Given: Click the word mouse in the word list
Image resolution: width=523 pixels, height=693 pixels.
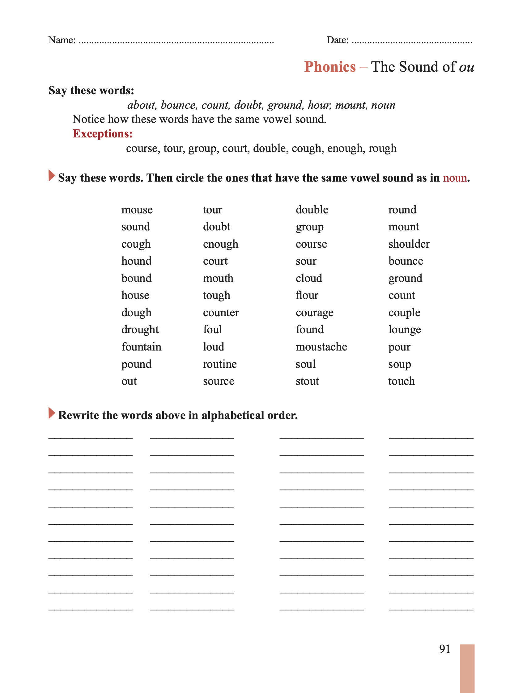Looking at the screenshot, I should (137, 210).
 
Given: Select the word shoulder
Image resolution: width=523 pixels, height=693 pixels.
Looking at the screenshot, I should (409, 244).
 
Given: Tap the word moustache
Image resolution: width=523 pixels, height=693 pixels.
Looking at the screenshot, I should (321, 347).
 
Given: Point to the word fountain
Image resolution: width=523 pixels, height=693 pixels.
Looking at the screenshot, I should (141, 347).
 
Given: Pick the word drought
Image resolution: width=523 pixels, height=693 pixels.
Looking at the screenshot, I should (140, 330).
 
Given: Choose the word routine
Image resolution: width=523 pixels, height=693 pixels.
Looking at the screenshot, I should (219, 364).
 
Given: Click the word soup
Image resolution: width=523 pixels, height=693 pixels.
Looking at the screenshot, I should (399, 364).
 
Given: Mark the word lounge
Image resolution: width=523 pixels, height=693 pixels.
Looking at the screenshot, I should (405, 330).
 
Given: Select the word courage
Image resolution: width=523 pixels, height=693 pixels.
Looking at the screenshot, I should (314, 313).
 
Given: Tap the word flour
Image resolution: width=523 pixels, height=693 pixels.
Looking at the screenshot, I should (307, 295).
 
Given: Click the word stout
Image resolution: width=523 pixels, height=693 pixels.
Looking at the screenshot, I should (307, 381).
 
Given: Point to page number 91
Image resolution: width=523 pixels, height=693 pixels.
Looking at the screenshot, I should (444, 649).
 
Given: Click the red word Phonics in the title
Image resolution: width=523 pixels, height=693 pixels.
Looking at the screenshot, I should (330, 67).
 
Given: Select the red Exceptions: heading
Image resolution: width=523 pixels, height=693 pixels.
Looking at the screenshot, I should (103, 134).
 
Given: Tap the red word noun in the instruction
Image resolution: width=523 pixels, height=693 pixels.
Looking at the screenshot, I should (455, 178).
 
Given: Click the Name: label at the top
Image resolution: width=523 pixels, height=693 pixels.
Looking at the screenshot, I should (62, 40).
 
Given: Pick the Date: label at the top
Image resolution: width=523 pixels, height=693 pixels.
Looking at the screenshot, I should (337, 40).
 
